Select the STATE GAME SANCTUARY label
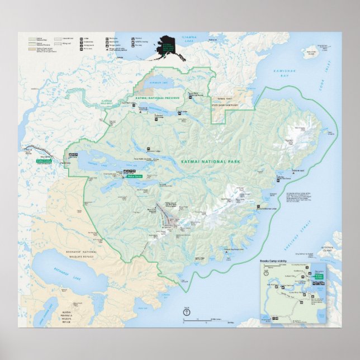coord(222,104)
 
